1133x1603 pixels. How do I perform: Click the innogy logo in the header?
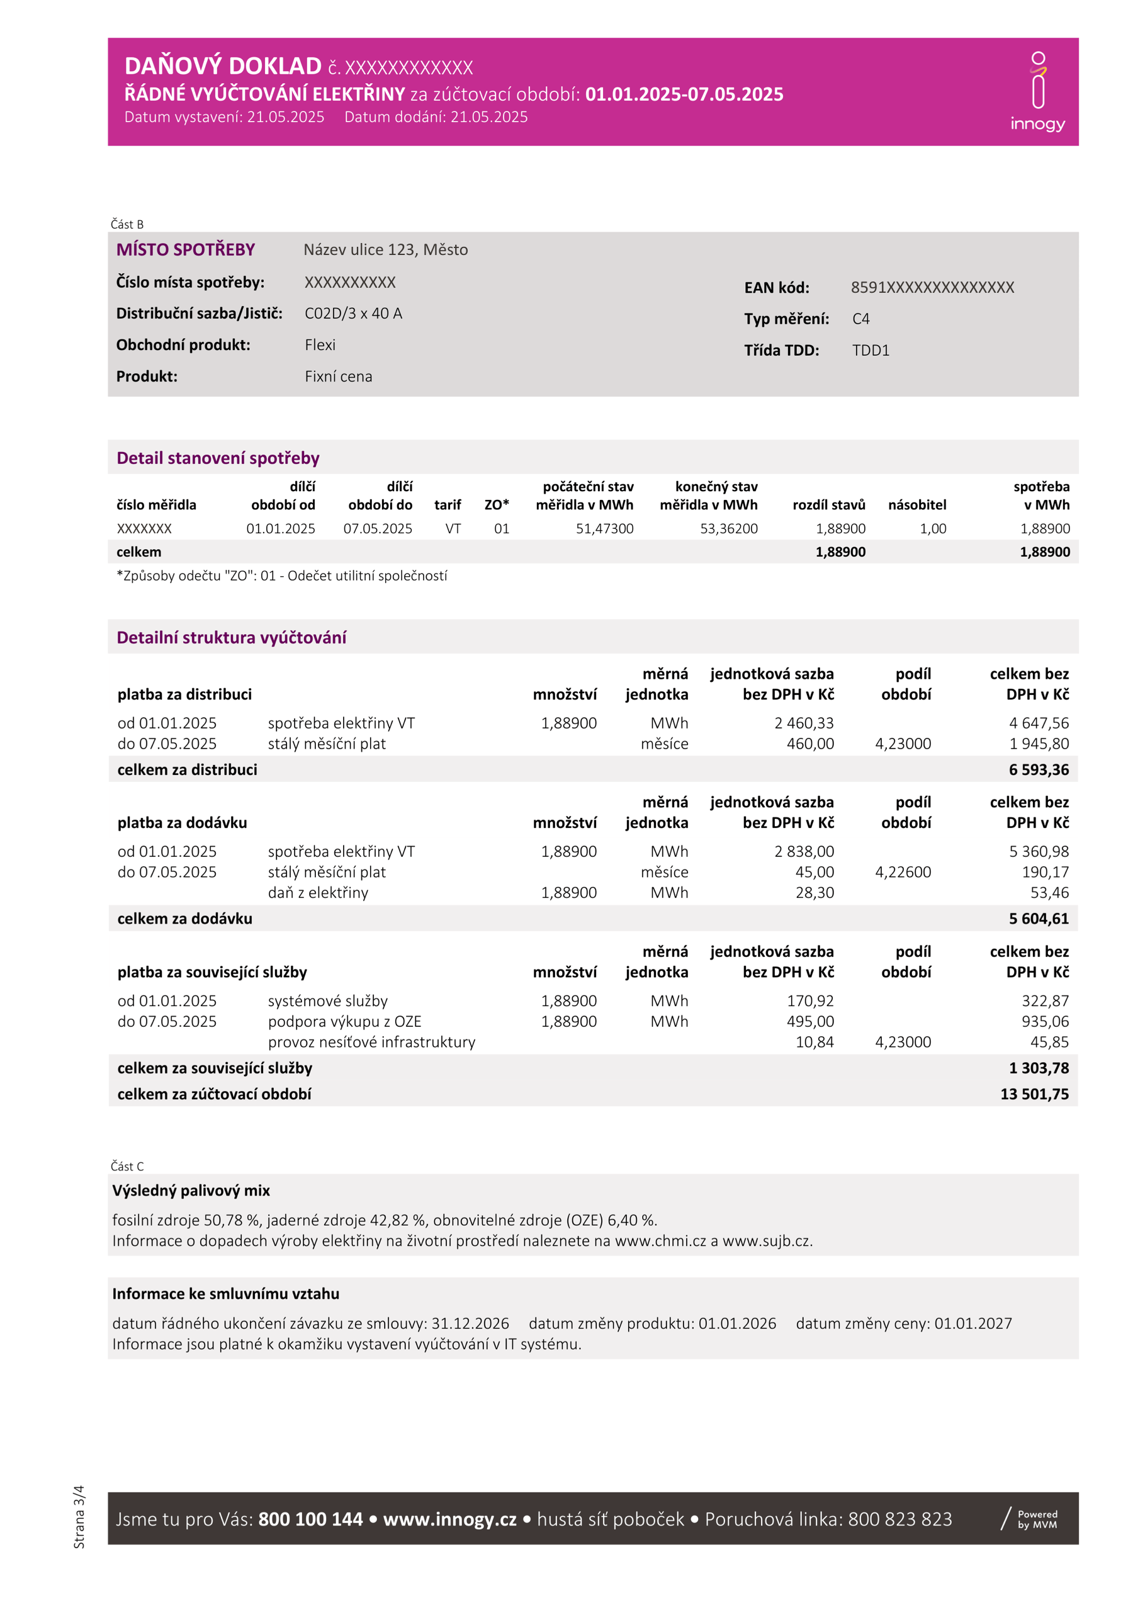click(1037, 91)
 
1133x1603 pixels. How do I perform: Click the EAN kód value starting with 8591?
click(932, 288)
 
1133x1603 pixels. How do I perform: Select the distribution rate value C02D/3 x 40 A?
click(353, 314)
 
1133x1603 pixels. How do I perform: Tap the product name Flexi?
click(320, 345)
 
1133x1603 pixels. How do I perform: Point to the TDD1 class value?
click(871, 351)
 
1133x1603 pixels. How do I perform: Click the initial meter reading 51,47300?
click(604, 528)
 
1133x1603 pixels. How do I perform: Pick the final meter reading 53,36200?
click(729, 528)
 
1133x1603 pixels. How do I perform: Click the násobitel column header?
click(916, 505)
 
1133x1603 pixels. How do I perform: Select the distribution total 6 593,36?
click(1038, 769)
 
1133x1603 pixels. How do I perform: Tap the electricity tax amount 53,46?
click(1049, 892)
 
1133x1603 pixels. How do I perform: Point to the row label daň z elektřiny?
click(318, 892)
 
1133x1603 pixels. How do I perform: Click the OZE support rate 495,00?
click(810, 1021)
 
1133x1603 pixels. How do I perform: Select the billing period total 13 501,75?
click(1034, 1094)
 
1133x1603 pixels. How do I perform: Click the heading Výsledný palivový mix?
click(191, 1191)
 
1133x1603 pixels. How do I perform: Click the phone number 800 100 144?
click(310, 1519)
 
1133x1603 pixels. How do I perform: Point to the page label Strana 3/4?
click(79, 1516)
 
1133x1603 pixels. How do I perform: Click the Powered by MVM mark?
click(1030, 1519)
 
